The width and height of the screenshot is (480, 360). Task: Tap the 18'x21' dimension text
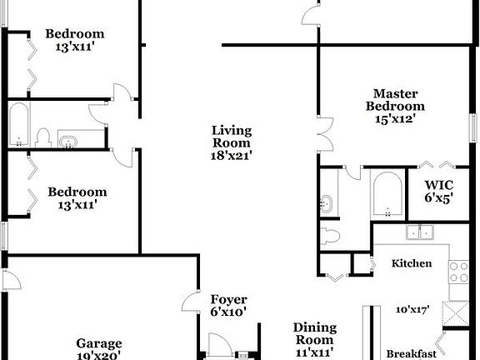tap(232, 154)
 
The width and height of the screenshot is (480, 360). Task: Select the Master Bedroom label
tap(395, 100)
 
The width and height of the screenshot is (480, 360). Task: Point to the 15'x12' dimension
tap(395, 118)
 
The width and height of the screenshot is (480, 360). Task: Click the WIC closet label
tap(438, 184)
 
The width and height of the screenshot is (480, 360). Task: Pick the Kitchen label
tap(412, 263)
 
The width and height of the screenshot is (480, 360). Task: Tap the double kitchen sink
tap(419, 232)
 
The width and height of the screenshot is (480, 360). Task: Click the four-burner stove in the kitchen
tap(459, 272)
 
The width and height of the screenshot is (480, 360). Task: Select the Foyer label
tap(228, 300)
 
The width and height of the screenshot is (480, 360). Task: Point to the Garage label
tap(99, 342)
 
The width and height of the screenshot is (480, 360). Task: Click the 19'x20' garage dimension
tap(99, 355)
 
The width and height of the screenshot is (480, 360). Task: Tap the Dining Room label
tap(315, 333)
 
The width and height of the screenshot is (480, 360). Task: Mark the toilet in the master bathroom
tap(331, 235)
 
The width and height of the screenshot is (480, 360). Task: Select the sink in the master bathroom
tap(327, 202)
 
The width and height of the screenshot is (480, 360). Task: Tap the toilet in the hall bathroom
tap(44, 136)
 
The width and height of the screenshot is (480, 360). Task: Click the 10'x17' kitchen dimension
tap(412, 309)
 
